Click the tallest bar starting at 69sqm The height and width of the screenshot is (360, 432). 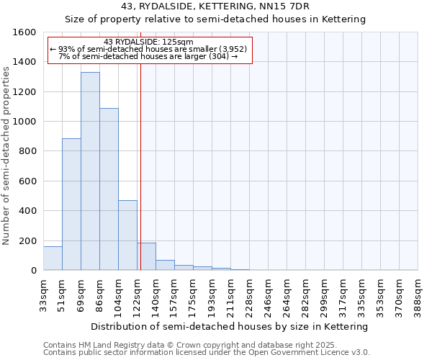[x=90, y=171]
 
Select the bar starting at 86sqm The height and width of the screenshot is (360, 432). [x=109, y=189]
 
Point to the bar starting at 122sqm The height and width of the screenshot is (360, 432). [x=146, y=257]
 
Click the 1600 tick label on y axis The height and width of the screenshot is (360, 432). [x=24, y=32]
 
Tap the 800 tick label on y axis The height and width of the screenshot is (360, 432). [x=27, y=151]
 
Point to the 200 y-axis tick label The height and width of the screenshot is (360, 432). [x=27, y=240]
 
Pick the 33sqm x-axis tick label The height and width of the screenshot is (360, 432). [x=44, y=293]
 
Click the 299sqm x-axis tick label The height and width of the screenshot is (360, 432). [x=325, y=293]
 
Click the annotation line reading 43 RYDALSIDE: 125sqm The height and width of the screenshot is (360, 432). [x=148, y=42]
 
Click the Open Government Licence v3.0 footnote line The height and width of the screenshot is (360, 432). [x=207, y=353]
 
